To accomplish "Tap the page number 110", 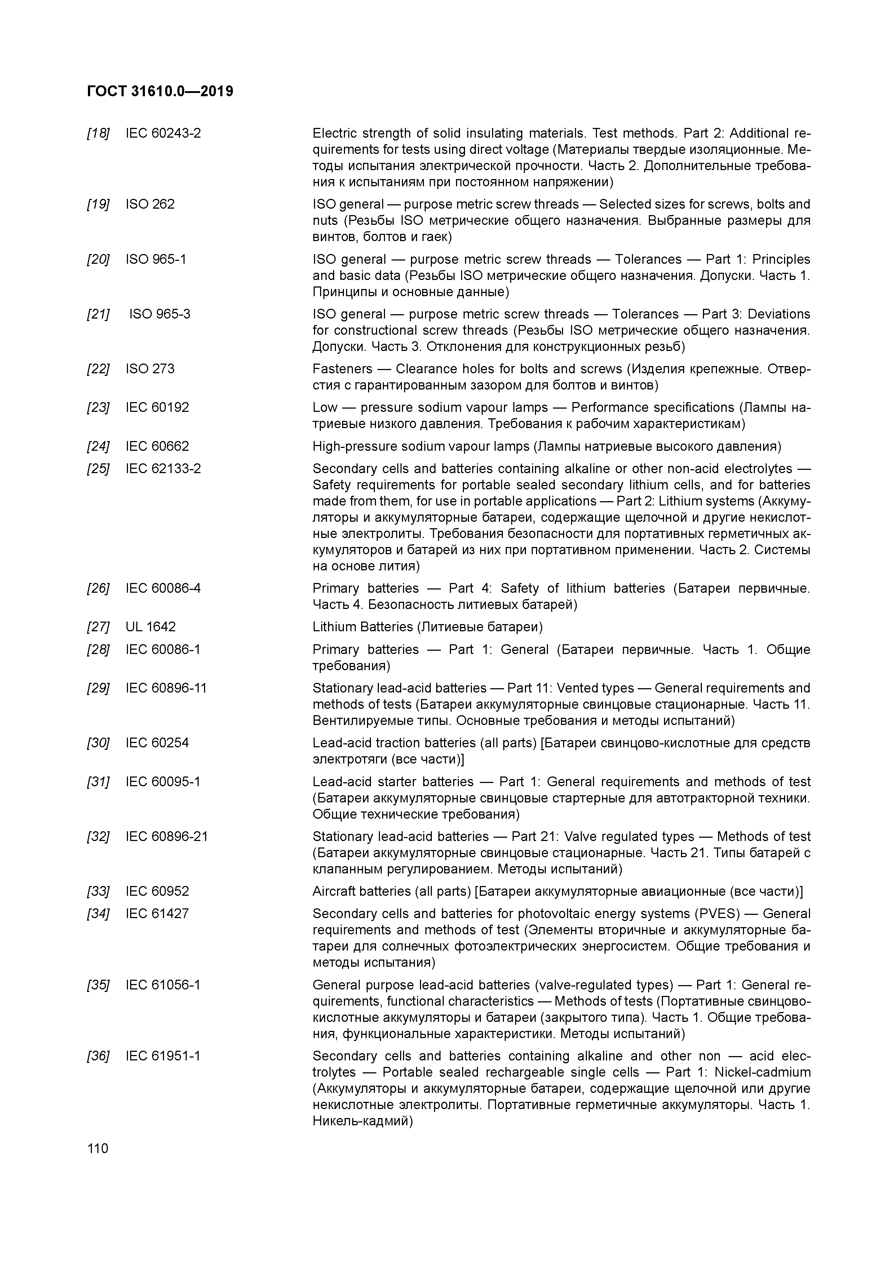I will pos(97,1148).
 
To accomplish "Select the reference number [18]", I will pos(98,133).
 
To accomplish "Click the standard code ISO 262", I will pos(150,204).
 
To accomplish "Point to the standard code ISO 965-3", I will pos(160,314).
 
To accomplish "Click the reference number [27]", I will pos(98,627).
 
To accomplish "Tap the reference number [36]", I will pos(98,1056).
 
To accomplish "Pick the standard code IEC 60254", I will pos(157,743).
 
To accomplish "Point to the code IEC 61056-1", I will pos(163,985).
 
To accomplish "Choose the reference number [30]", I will pos(98,743).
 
